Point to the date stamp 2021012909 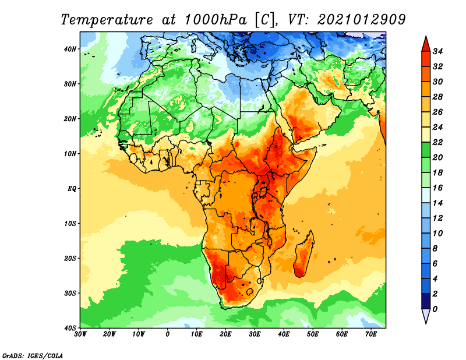pos(361,19)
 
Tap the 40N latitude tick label pos(70,49)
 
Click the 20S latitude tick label pos(70,258)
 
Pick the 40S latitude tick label pos(70,327)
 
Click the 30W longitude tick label pos(81,334)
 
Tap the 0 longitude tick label pos(168,334)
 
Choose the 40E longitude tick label pos(284,334)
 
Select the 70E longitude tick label pos(371,334)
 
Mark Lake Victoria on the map pos(264,192)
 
